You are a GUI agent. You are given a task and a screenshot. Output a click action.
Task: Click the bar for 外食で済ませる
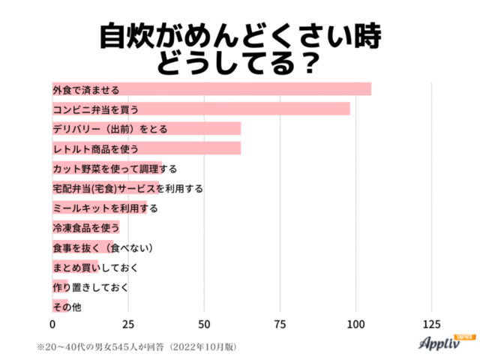(x=211, y=89)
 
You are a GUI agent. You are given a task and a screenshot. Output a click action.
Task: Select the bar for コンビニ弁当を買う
(x=201, y=109)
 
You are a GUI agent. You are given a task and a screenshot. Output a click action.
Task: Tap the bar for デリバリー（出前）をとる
(x=146, y=128)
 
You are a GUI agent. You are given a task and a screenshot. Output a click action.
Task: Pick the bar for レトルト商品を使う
(x=146, y=148)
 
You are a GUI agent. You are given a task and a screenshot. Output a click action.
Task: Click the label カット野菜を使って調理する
(x=115, y=168)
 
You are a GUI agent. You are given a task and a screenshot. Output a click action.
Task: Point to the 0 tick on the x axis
(x=52, y=325)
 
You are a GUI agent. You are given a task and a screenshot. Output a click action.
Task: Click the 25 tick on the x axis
(x=128, y=325)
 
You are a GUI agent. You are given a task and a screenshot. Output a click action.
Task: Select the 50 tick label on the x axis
(x=204, y=325)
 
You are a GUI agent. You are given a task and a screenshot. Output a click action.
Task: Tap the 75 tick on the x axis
(x=280, y=325)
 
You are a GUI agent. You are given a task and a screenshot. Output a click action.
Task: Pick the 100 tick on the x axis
(x=355, y=325)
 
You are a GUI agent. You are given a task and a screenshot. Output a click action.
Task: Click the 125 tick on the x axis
(x=431, y=325)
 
